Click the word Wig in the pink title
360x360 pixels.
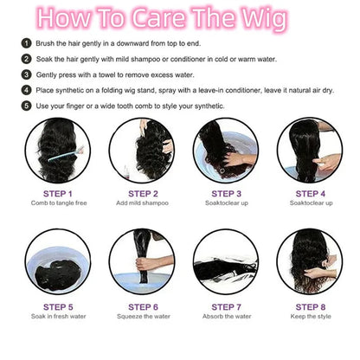264,19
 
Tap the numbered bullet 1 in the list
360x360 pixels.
26,43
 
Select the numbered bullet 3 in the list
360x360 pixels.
26,74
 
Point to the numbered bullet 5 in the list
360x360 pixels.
26,106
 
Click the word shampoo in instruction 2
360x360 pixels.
145,60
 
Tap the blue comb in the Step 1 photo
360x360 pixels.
66,154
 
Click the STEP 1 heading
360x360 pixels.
58,194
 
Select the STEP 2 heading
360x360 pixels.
143,194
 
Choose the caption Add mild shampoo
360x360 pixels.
142,203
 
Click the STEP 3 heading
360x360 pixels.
227,194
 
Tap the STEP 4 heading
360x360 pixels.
311,194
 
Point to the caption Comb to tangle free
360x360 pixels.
59,203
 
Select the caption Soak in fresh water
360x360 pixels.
59,317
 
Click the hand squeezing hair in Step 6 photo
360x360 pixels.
147,264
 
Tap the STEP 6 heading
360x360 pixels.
143,307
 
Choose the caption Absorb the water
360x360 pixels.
227,317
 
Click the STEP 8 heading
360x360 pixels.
311,307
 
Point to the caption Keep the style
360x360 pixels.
311,317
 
